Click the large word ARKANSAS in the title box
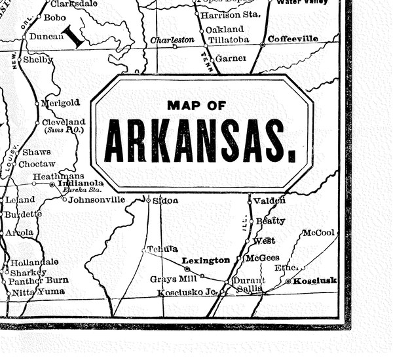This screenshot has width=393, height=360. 200,141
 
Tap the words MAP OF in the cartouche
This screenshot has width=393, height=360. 200,105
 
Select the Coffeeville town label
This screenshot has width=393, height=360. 293,39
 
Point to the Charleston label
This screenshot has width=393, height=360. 172,40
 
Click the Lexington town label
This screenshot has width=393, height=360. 206,260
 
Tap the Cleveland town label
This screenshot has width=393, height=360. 64,122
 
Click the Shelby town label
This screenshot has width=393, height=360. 38,60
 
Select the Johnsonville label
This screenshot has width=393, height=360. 96,199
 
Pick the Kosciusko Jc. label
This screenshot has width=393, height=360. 187,292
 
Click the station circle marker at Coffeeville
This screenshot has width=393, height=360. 263,44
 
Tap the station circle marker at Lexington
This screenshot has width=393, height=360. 187,269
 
